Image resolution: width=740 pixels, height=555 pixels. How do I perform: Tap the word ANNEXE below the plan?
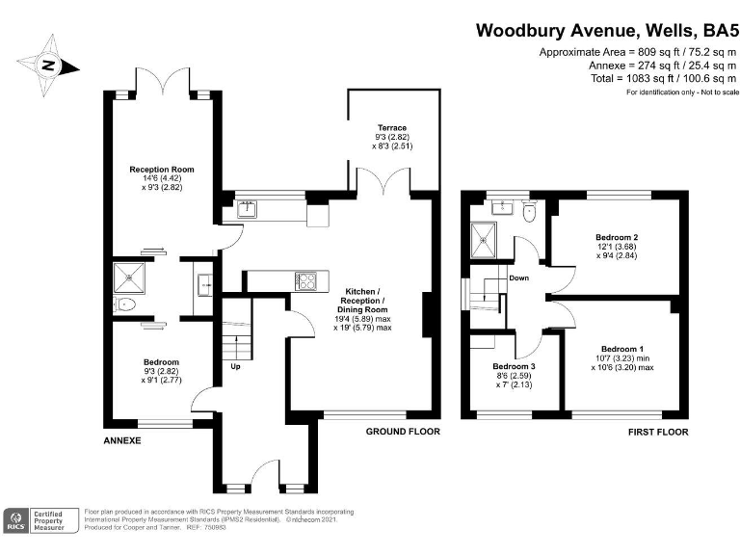[x=122, y=440]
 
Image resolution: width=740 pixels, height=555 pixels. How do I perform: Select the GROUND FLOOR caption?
[x=403, y=432]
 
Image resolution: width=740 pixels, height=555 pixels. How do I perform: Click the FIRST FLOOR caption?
[x=658, y=433]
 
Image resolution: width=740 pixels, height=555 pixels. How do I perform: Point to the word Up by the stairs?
[x=235, y=367]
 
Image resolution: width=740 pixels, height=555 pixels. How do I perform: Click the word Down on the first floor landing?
[x=518, y=277]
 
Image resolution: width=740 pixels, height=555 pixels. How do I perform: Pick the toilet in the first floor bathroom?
[x=528, y=215]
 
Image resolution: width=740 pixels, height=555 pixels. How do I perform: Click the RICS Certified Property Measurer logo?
[x=38, y=521]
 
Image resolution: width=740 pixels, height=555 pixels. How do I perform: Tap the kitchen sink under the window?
[x=245, y=206]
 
